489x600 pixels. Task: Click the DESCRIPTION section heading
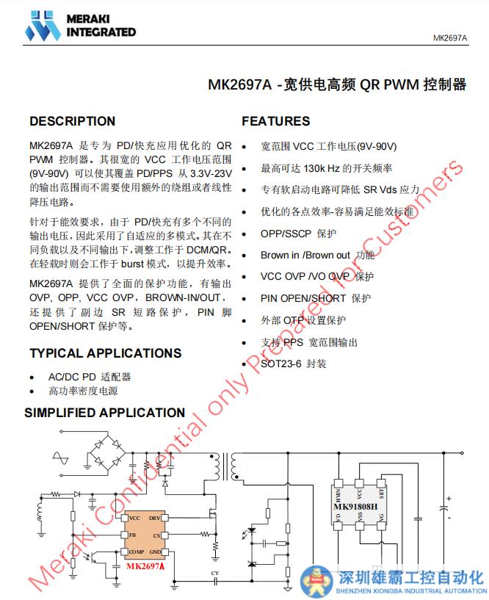point(72,121)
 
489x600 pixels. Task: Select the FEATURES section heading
point(276,121)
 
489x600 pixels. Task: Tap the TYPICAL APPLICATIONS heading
point(105,353)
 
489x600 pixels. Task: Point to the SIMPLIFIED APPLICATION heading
point(104,413)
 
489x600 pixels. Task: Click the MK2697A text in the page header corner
point(449,38)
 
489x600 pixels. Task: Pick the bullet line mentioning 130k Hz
point(326,168)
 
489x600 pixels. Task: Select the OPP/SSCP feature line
point(298,234)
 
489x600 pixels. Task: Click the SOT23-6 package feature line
point(293,364)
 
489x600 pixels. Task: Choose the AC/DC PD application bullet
point(89,377)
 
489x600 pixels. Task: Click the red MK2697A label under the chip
point(145,566)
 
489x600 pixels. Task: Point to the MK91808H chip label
point(356,507)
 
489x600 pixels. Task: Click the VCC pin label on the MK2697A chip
point(134,518)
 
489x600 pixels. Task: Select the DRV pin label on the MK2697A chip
point(155,518)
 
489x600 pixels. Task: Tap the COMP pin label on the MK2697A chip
point(136,552)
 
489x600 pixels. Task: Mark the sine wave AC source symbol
point(59,460)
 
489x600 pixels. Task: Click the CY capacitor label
point(214,573)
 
